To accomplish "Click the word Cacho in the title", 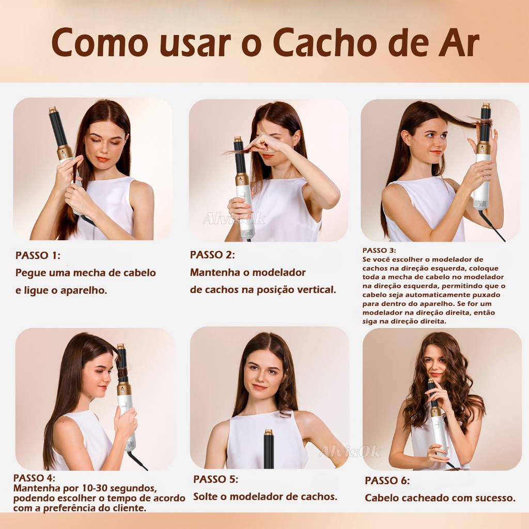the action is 320,43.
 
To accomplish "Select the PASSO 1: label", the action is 38,255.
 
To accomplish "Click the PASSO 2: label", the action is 212,255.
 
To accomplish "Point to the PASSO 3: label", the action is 379,251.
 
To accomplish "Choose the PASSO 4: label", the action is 34,478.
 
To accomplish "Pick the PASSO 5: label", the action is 215,479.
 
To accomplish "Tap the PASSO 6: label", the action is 387,480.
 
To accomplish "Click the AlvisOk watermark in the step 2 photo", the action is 234,219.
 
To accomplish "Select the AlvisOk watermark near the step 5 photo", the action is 350,452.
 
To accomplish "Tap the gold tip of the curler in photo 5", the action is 269,432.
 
